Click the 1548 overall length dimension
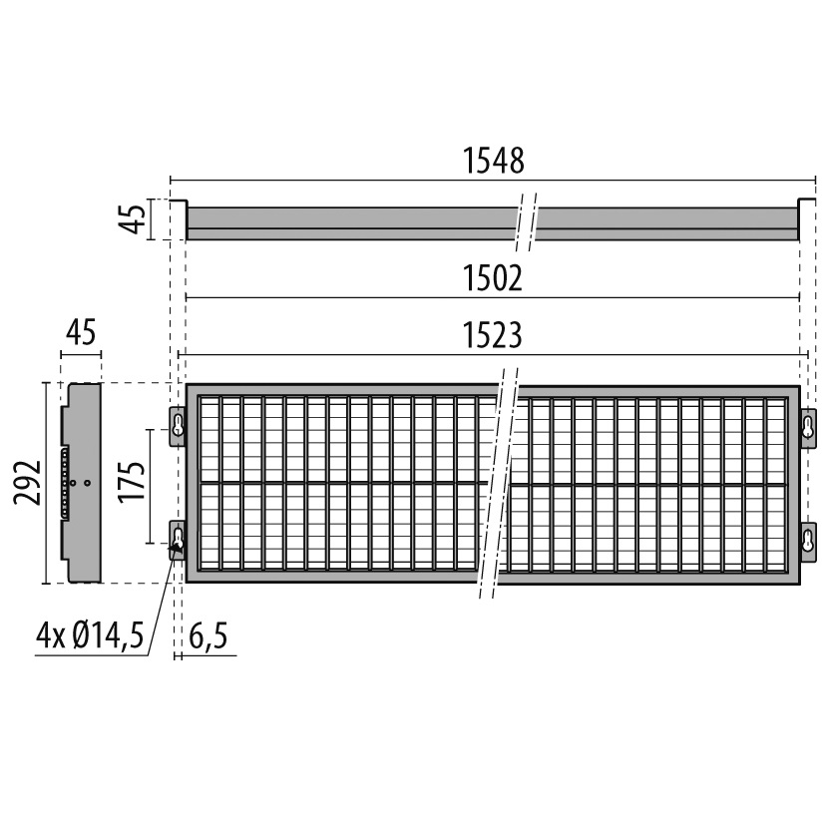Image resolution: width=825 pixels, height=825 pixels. pos(494,161)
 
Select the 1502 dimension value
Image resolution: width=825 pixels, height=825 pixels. pos(494,278)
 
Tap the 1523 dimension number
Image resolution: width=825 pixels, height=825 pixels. pos(494,335)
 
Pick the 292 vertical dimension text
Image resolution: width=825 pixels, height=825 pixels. pos(29,483)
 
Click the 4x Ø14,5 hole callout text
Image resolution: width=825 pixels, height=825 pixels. pos(93,634)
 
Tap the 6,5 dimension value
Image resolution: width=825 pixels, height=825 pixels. pos(205,636)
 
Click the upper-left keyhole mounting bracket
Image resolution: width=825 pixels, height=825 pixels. pos(178,426)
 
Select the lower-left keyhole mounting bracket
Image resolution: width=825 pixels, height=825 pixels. pos(178,540)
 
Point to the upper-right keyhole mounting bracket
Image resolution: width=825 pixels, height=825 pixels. pos(808,426)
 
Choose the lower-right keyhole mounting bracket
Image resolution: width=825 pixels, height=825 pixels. pos(808,540)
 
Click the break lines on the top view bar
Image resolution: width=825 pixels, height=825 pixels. pos(527,221)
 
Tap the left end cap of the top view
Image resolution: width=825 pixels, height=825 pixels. pos(178,219)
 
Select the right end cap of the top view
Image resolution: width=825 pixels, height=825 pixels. pos(807,219)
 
